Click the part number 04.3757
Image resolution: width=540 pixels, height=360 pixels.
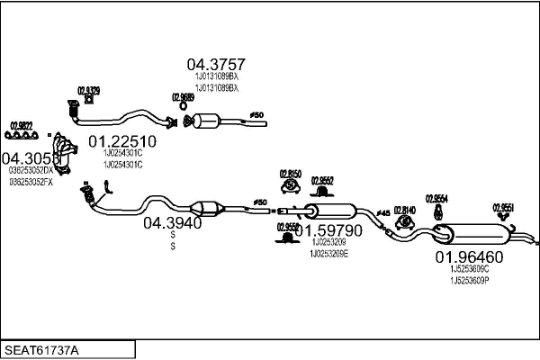coord(216,64)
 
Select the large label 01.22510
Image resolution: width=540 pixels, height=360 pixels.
coord(122,141)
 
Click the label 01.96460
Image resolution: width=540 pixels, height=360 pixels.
coord(469,256)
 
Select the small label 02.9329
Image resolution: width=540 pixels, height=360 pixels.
coord(88,90)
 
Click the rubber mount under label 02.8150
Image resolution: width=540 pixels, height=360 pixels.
coord(290,186)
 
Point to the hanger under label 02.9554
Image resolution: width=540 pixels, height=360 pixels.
coord(436,211)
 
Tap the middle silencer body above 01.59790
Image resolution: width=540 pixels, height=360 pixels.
coord(333,212)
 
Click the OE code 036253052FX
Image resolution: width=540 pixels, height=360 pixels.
coord(31,182)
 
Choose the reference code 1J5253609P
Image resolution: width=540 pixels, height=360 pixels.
coord(469,280)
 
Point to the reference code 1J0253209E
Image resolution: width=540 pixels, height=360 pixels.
coord(328,254)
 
